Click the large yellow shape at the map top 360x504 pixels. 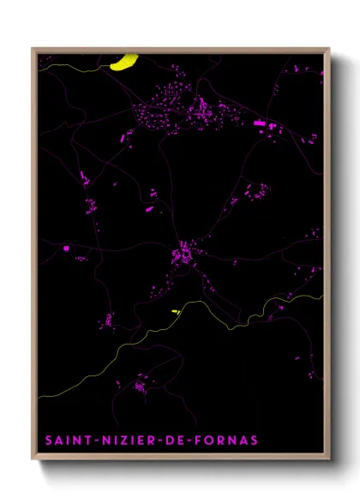124,61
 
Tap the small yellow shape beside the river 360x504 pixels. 175,311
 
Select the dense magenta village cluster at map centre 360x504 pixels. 183,255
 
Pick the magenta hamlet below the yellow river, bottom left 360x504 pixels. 140,387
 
